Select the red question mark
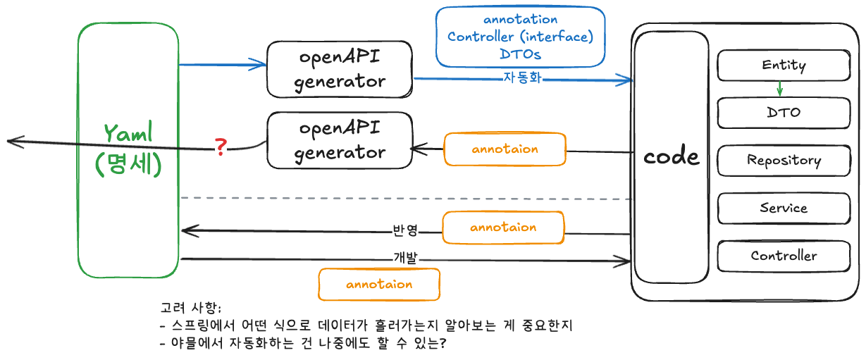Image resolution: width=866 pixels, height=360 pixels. click(221, 147)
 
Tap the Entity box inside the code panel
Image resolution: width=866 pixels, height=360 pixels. click(784, 66)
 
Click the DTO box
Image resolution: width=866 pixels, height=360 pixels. click(784, 113)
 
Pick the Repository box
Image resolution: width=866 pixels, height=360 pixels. click(784, 161)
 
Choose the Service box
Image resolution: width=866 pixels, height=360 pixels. click(784, 209)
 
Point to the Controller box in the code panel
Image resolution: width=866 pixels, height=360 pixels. click(784, 256)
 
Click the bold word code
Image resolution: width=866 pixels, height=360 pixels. click(672, 156)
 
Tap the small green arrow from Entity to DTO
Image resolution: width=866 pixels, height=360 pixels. click(779, 89)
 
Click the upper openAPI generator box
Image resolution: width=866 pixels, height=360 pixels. click(340, 69)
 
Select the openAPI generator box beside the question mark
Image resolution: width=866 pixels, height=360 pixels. click(340, 141)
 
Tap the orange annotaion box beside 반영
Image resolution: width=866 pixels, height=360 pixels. click(503, 228)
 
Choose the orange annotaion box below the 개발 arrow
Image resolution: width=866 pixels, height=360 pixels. click(379, 285)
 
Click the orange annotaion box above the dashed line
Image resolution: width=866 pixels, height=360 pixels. click(505, 149)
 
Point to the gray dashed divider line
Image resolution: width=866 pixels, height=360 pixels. click(405, 199)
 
